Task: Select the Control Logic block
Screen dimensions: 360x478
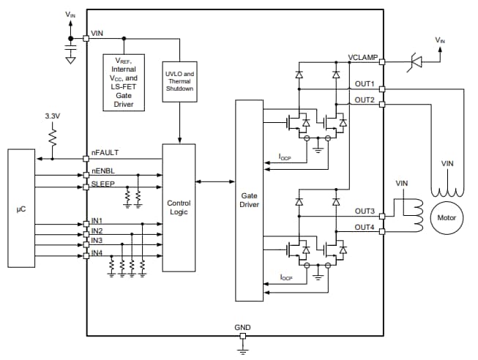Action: (x=179, y=207)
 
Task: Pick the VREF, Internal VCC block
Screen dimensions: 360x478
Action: (x=124, y=80)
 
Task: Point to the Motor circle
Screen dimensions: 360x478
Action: (x=446, y=218)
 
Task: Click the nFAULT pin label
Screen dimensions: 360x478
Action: (x=105, y=152)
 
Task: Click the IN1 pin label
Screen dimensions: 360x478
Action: (x=97, y=220)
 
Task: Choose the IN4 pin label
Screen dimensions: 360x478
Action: (x=97, y=252)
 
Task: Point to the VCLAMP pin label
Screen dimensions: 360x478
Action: (x=362, y=57)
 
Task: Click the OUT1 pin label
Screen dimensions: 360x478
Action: (x=365, y=83)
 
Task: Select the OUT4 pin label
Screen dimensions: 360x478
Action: (x=365, y=227)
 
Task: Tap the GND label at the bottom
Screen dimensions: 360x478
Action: (x=242, y=327)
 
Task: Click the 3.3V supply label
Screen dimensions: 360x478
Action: (x=53, y=116)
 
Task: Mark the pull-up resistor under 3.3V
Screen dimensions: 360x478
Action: (x=53, y=138)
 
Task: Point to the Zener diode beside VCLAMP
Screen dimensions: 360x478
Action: (x=415, y=62)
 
